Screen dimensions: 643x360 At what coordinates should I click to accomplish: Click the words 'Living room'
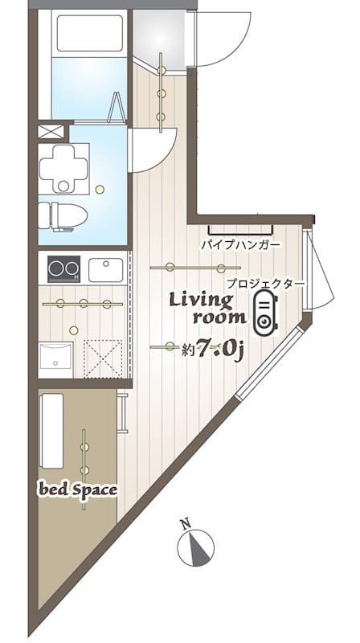[202, 308]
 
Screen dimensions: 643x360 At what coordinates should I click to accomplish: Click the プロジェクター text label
[264, 283]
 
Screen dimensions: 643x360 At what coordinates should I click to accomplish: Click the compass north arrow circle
[196, 548]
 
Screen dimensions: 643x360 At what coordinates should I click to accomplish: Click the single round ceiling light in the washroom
[100, 190]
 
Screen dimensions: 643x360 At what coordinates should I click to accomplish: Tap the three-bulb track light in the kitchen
[84, 304]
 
